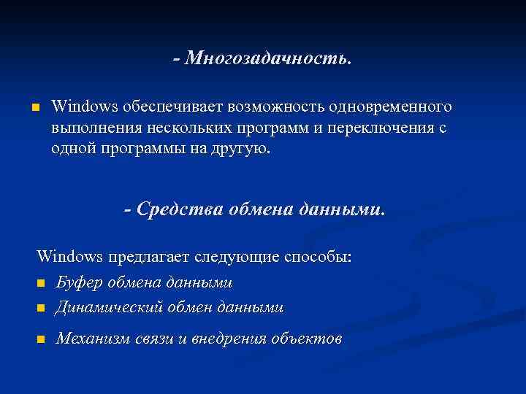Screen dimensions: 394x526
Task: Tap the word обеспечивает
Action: click(x=173, y=107)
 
